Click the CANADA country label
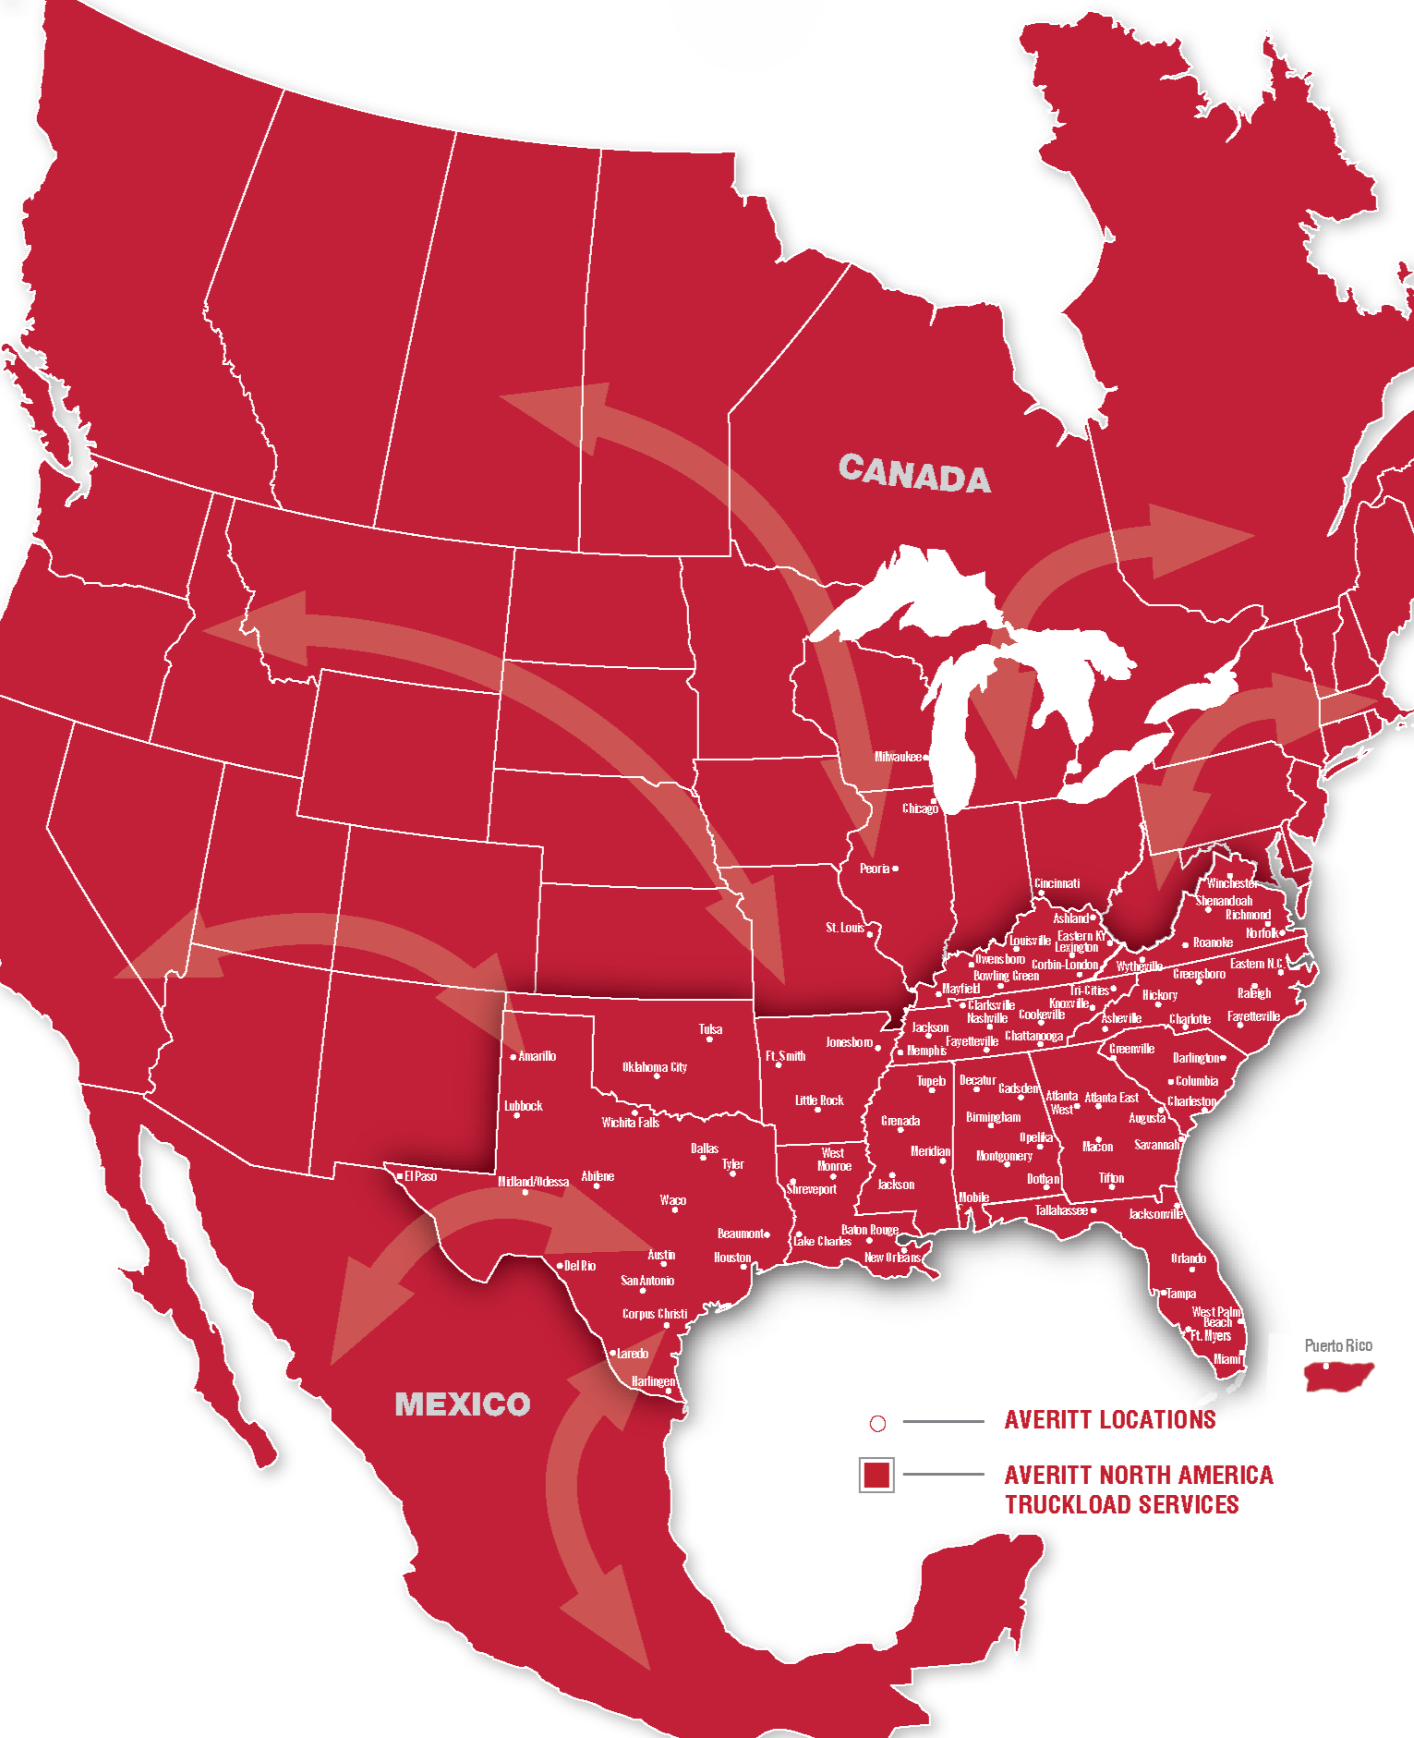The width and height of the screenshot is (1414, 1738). coord(913,474)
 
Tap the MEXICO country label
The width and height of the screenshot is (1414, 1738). coord(462,1404)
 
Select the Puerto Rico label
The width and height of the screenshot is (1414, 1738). coord(1337,1345)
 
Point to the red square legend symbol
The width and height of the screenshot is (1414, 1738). coord(876,1475)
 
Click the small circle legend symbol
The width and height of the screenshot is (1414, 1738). coord(877,1424)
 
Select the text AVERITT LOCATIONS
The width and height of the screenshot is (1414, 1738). coord(1109,1420)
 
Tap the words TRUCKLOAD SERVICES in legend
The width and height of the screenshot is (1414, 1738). coord(1121,1505)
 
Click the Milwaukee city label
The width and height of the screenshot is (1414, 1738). coord(898,757)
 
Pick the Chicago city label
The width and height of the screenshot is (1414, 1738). coord(919,808)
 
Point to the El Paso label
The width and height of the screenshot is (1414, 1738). coord(420,1176)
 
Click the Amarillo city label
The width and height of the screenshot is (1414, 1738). coord(537,1056)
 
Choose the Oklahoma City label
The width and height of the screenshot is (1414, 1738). coord(654,1067)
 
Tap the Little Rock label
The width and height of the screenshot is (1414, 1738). coord(818,1100)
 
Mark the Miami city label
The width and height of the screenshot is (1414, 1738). coord(1227,1359)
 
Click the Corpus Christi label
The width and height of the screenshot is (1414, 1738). coord(654,1314)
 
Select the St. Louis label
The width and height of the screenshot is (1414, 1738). coord(844,928)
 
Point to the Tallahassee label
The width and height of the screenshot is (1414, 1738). coord(1060,1210)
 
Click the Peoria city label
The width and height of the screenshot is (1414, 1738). coord(874,869)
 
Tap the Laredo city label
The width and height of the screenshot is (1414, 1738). coord(632,1354)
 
